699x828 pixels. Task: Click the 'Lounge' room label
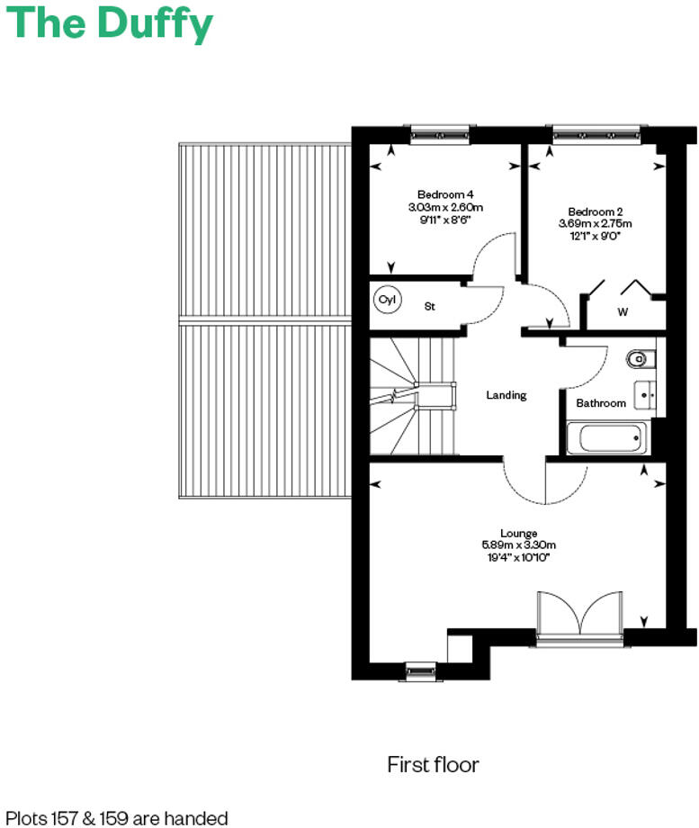[519, 533]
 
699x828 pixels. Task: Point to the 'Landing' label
[506, 395]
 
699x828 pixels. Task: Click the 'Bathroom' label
[601, 403]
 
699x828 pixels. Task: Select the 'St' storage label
[430, 307]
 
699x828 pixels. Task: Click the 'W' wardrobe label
[623, 312]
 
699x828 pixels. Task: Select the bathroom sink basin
[646, 393]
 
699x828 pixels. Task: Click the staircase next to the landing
[414, 396]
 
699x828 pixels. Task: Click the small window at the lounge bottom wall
[420, 670]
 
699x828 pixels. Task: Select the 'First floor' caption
[433, 765]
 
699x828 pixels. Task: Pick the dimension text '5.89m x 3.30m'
[519, 544]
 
